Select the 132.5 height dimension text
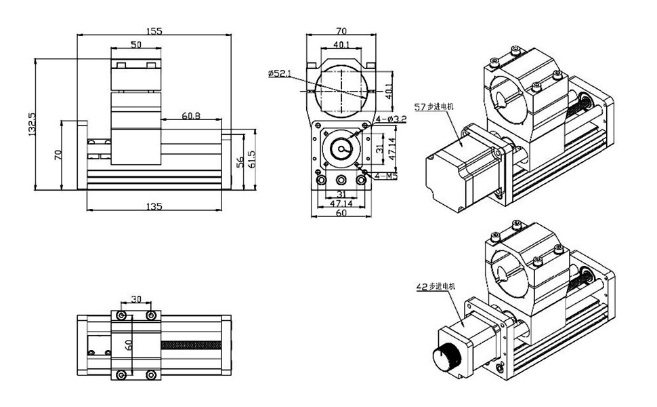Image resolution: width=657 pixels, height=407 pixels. click(32, 123)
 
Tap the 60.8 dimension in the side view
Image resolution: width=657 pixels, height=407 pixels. click(191, 116)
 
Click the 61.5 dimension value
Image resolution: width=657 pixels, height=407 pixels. click(253, 160)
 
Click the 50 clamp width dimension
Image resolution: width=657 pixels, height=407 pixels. click(135, 45)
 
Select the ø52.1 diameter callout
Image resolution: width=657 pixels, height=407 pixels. click(279, 73)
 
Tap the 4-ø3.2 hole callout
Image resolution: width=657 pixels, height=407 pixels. click(391, 120)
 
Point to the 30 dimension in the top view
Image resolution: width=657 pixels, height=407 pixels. click(136, 299)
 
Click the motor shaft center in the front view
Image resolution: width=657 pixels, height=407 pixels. click(341, 149)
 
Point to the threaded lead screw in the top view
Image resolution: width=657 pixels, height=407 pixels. click(193, 345)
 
